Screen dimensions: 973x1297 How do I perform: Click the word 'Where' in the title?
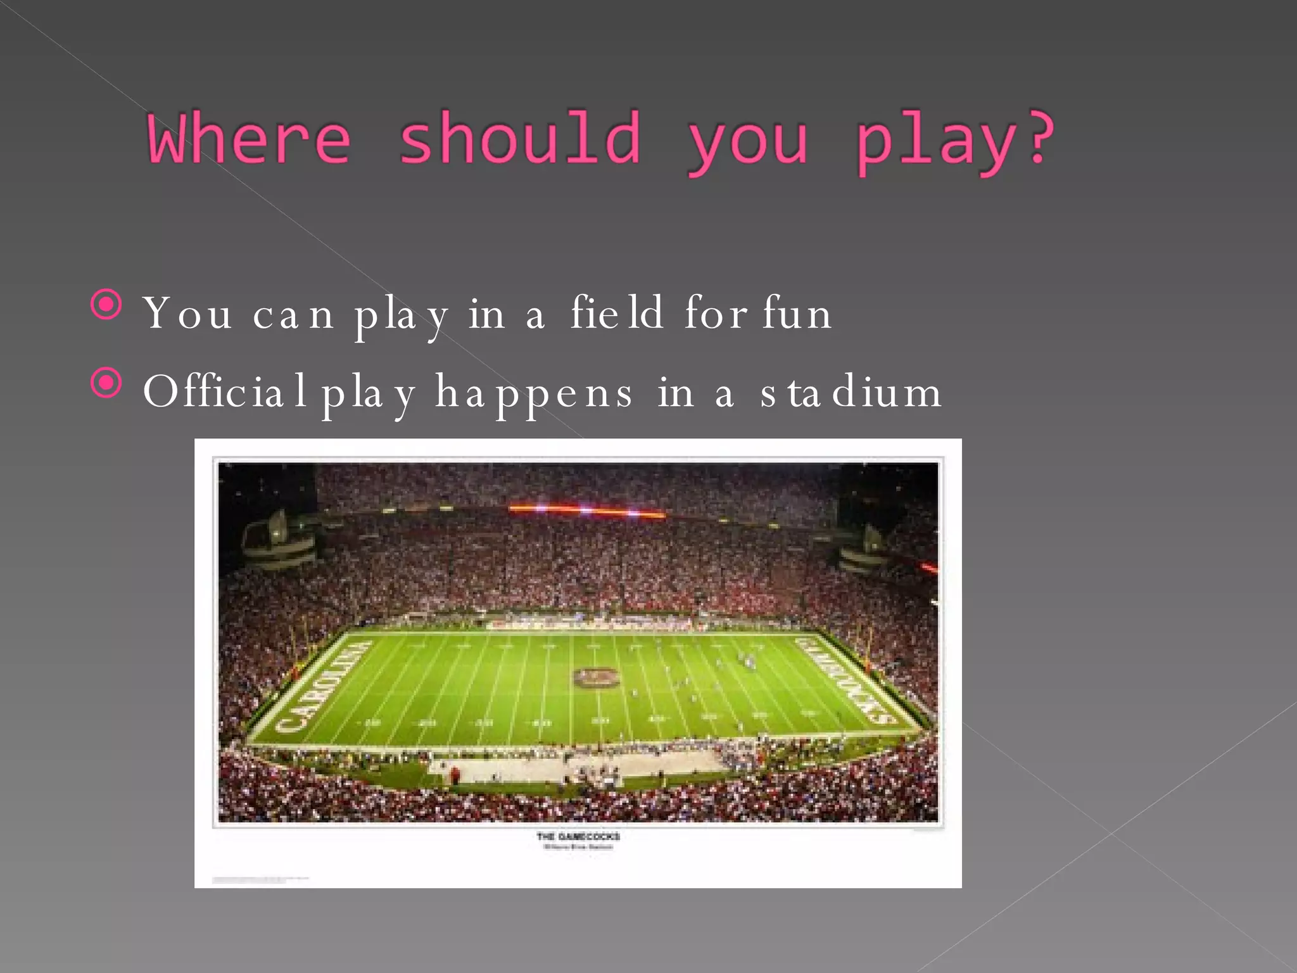[x=248, y=138]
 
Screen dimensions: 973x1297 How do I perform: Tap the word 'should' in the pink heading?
[x=519, y=138]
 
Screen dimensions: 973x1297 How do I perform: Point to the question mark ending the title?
[x=1039, y=138]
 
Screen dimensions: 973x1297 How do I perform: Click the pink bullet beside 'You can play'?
[x=106, y=305]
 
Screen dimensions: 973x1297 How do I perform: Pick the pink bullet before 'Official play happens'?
[x=106, y=383]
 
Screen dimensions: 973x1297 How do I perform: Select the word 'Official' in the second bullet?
[x=225, y=391]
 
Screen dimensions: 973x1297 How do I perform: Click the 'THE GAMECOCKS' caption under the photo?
[x=578, y=836]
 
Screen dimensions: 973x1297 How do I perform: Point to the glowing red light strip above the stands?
[x=586, y=510]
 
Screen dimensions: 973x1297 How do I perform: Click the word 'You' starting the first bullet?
[x=187, y=313]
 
